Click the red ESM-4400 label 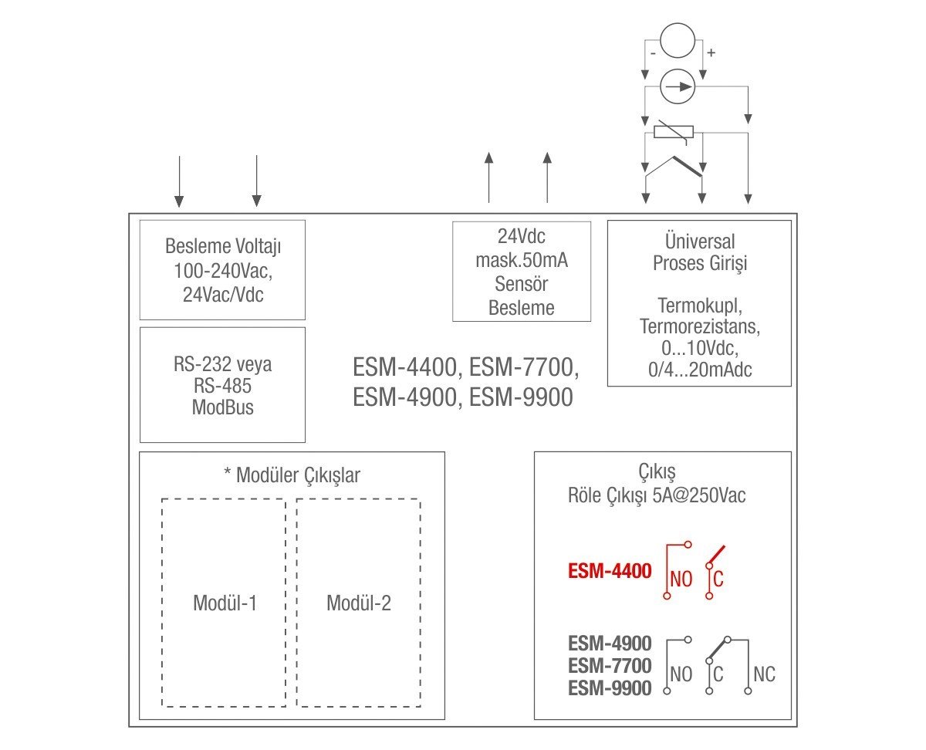(610, 572)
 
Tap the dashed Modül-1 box (224, 603)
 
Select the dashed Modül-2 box (359, 603)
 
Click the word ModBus (222, 407)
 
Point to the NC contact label (764, 674)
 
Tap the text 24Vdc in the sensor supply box (522, 235)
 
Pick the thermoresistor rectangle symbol (673, 132)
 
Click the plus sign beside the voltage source (711, 53)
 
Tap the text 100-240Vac (222, 271)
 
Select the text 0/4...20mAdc (699, 370)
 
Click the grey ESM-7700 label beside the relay (610, 665)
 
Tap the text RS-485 (222, 386)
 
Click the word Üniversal (699, 242)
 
